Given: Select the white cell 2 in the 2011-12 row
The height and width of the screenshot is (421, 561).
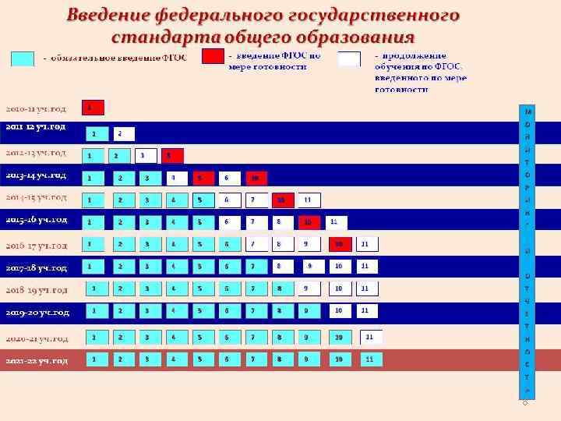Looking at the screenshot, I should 124,133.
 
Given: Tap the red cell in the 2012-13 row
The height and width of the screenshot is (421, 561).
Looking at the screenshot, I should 173,155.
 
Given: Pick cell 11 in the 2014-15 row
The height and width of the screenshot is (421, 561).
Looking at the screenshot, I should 309,200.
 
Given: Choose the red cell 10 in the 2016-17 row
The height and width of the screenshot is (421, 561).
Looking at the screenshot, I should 340,245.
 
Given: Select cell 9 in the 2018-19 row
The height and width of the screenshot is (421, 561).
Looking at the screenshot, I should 309,288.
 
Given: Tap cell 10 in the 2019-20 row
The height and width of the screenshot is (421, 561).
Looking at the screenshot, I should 340,311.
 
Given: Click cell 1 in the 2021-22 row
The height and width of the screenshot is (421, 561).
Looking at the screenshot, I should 95,359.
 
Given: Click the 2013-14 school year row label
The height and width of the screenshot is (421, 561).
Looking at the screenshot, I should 37,175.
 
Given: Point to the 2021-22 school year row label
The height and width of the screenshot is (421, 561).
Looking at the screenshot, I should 37,361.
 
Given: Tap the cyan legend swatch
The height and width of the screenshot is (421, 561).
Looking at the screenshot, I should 23,58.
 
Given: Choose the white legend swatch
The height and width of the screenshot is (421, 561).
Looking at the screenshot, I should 349,58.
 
